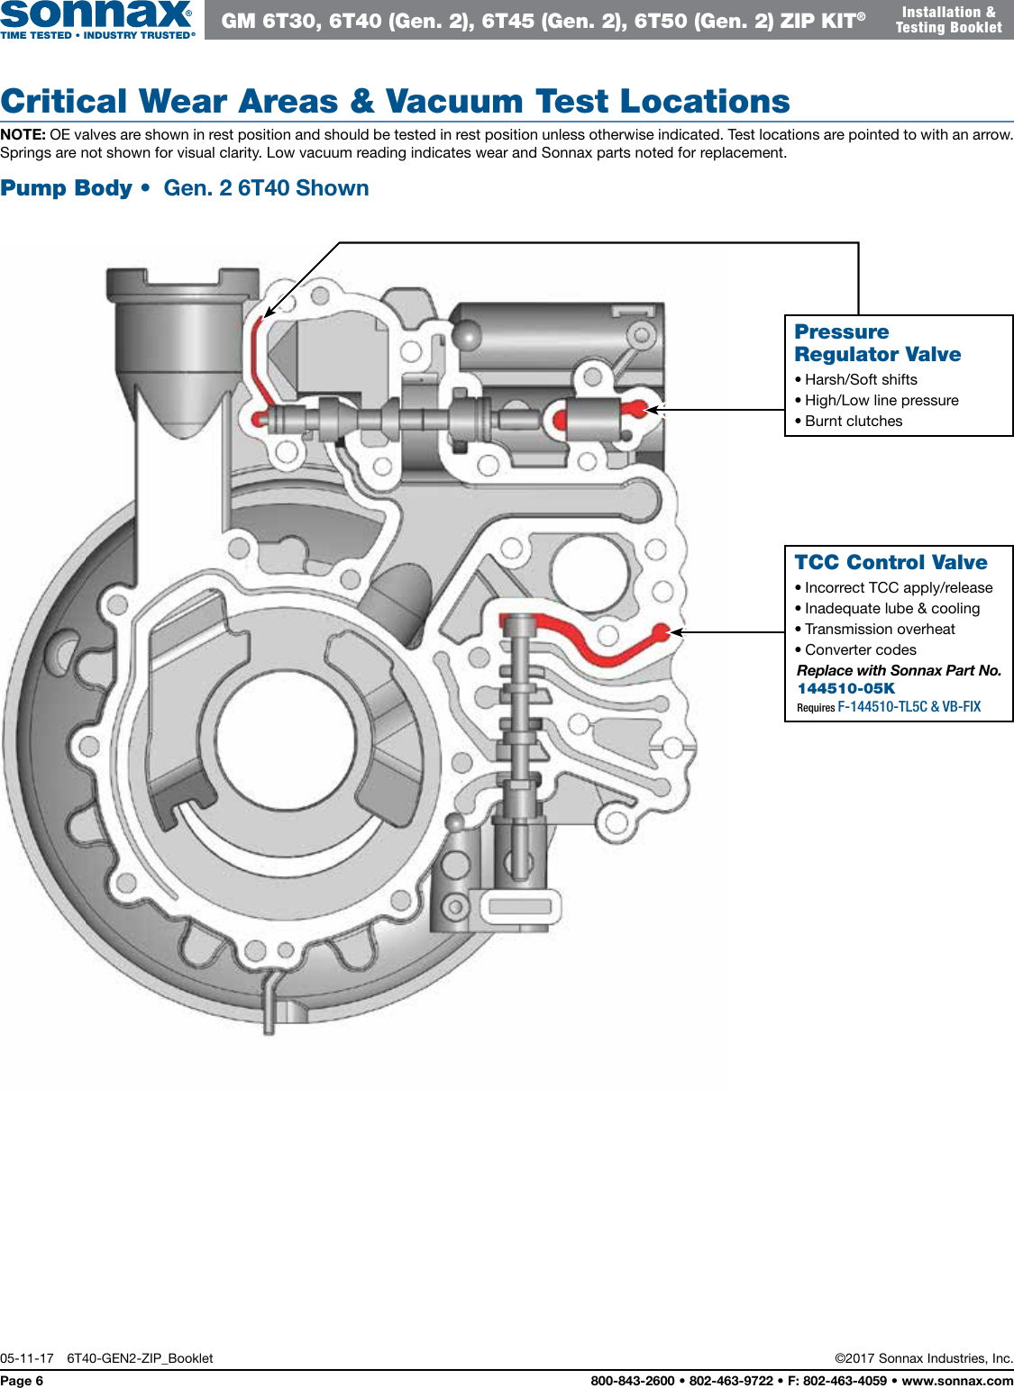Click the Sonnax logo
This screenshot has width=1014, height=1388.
pyautogui.click(x=96, y=18)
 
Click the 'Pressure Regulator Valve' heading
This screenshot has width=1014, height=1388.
pyautogui.click(x=877, y=343)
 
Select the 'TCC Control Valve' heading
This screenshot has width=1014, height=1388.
pyautogui.click(x=891, y=562)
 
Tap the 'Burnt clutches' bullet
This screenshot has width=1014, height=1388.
pyautogui.click(x=853, y=421)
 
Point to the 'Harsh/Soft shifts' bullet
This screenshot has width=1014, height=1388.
pyautogui.click(x=860, y=379)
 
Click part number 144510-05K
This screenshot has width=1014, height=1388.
pyautogui.click(x=845, y=688)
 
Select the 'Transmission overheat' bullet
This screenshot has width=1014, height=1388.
pyautogui.click(x=879, y=629)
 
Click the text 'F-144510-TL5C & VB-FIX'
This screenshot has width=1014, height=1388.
pyautogui.click(x=909, y=707)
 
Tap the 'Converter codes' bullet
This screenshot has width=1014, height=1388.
pyautogui.click(x=860, y=649)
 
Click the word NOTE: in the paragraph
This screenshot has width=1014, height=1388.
pyautogui.click(x=23, y=134)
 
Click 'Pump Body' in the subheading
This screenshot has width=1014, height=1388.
pyautogui.click(x=67, y=188)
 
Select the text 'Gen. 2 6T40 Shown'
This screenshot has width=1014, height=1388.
pyautogui.click(x=266, y=188)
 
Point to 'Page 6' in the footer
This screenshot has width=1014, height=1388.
pyautogui.click(x=22, y=1381)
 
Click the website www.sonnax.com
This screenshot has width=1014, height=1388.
pyautogui.click(x=957, y=1381)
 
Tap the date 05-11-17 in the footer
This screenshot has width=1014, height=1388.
pyautogui.click(x=27, y=1358)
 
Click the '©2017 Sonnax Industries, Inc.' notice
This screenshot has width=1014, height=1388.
pyautogui.click(x=924, y=1358)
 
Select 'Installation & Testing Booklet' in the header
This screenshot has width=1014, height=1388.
pyautogui.click(x=948, y=20)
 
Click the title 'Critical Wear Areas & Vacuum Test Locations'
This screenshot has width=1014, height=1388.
pyautogui.click(x=395, y=101)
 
